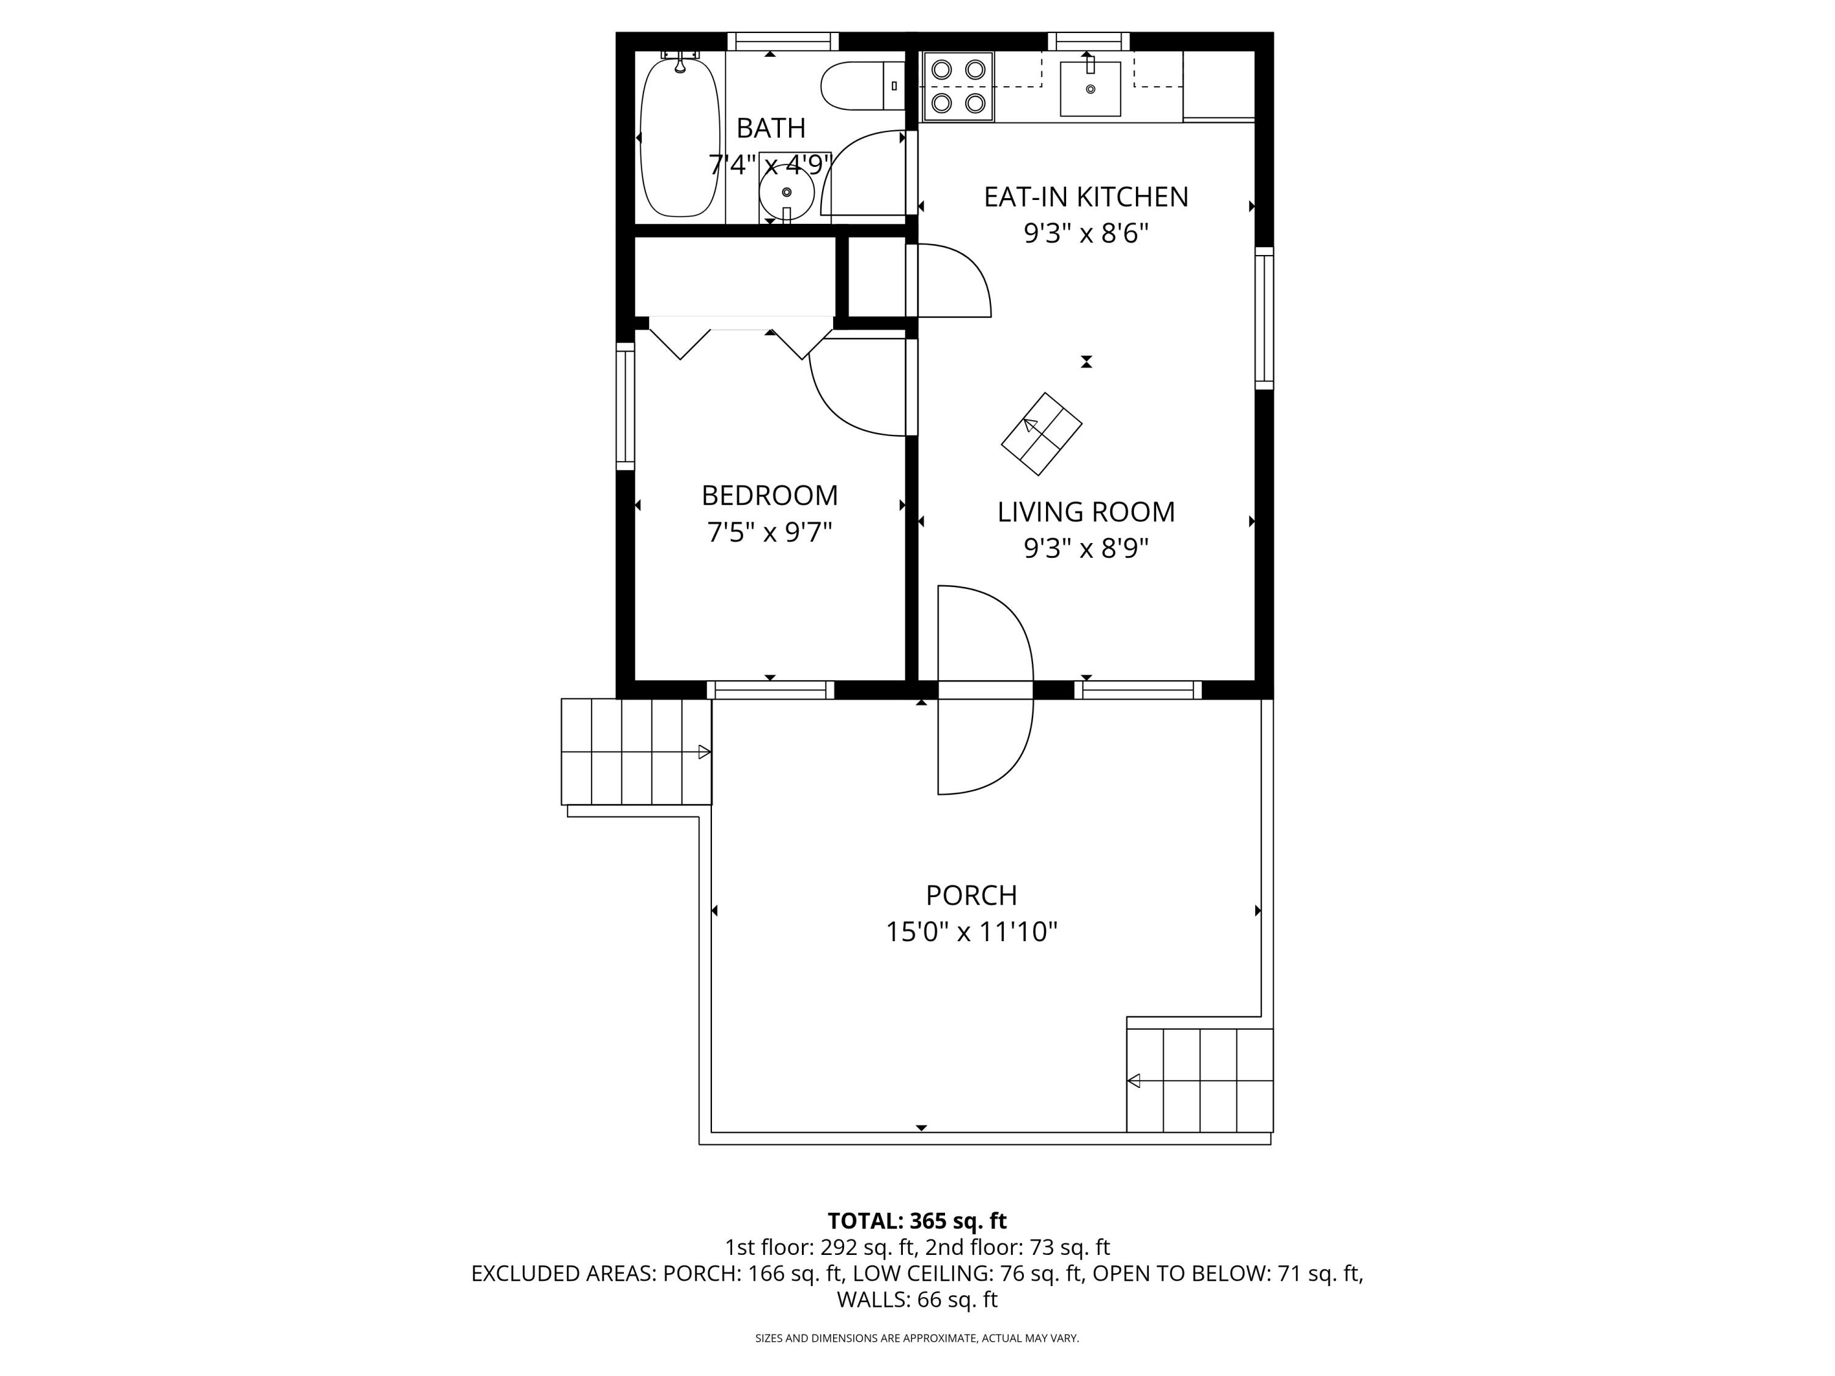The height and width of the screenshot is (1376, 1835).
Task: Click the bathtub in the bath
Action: pos(680,137)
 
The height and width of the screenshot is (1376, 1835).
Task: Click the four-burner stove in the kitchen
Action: pos(958,86)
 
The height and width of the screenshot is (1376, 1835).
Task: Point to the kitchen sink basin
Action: pos(1090,88)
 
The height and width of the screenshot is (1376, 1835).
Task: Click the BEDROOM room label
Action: pos(770,495)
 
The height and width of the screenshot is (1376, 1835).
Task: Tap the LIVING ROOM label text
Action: pos(1086,512)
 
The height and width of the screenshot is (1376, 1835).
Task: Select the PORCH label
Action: pos(971,895)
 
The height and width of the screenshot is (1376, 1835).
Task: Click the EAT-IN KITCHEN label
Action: pos(1086,196)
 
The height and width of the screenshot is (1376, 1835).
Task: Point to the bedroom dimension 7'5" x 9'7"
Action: pos(770,531)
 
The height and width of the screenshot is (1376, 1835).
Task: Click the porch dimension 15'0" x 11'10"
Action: pos(971,931)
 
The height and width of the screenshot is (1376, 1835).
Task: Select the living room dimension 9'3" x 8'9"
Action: pos(1086,548)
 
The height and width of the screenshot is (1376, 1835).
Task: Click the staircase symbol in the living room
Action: pos(1041,434)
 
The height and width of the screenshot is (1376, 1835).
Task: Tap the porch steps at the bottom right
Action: pos(1199,1081)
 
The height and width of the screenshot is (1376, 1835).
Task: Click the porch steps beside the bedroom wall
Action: pos(636,752)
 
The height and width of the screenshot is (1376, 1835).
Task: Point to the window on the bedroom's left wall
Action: pos(625,407)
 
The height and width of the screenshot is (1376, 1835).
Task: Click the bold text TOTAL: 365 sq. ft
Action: pos(917,1221)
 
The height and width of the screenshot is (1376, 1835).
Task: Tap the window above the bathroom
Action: pos(783,42)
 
